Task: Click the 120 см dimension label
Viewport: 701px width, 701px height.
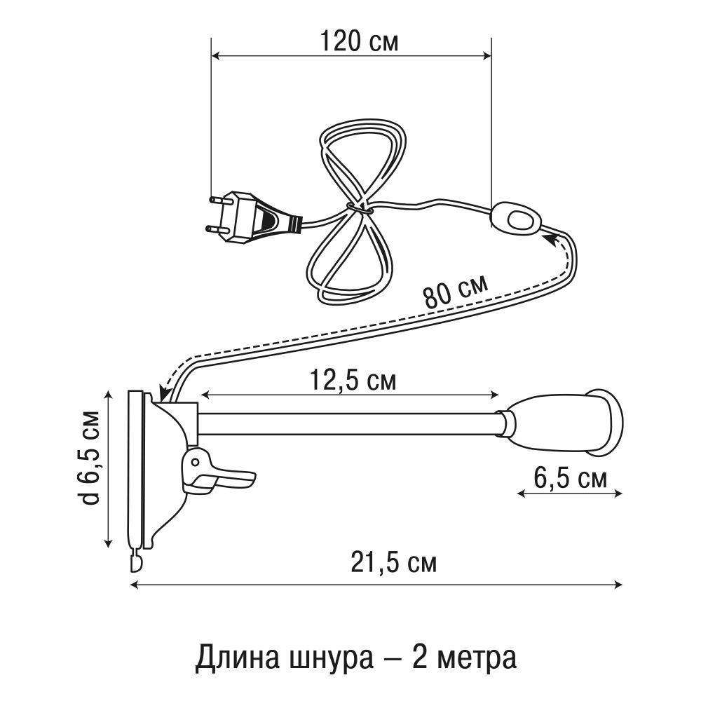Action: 359,41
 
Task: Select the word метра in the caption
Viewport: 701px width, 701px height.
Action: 472,658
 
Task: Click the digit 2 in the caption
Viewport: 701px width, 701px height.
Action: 416,658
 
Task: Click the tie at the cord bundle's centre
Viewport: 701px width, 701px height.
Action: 358,207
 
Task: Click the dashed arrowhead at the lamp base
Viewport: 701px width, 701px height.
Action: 165,394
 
